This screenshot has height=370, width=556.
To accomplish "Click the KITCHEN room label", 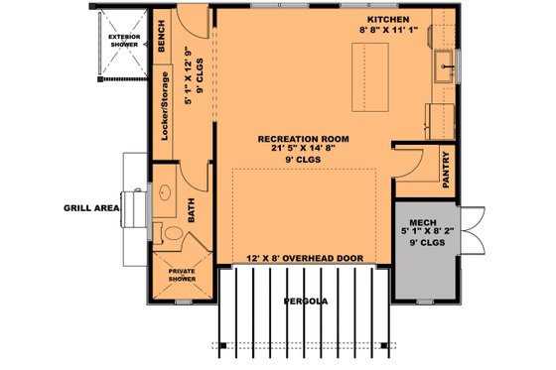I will click(388, 20).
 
